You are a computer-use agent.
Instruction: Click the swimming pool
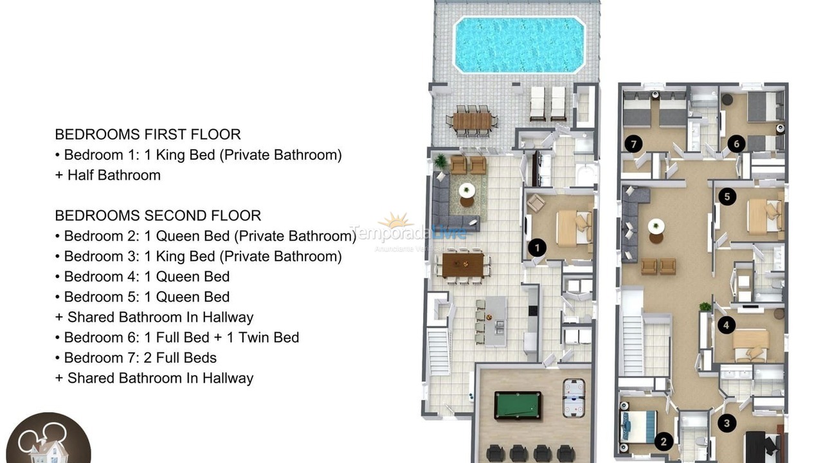519,44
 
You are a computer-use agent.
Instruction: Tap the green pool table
518,405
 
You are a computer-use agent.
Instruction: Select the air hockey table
573,390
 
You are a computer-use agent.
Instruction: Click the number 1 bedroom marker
537,247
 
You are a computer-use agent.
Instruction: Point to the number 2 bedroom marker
663,441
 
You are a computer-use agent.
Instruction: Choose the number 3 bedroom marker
727,422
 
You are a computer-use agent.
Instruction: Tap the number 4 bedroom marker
726,325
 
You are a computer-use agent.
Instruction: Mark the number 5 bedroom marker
727,197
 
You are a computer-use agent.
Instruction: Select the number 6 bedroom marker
737,143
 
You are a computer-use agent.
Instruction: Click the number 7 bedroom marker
634,144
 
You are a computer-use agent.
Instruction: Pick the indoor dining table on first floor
463,264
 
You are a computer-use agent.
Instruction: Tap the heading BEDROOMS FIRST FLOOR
148,134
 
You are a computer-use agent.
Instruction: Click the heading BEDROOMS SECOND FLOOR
158,215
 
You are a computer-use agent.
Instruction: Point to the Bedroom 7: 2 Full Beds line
140,358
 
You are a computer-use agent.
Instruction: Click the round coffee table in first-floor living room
467,190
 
